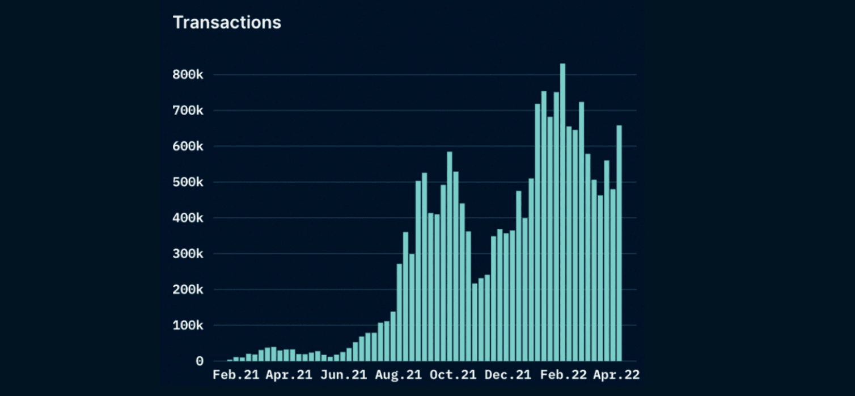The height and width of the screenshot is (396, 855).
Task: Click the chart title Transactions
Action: point(227,23)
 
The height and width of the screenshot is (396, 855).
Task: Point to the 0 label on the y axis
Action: point(200,361)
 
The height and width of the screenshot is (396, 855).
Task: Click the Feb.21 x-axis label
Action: point(236,375)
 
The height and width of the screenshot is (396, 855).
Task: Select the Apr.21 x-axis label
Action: point(289,375)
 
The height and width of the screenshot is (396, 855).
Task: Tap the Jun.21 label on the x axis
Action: point(342,375)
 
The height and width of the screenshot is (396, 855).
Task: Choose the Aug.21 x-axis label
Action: point(398,375)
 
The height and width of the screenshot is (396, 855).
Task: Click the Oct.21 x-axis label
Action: point(452,375)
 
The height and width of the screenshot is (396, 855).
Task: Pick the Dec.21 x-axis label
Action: point(507,375)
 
